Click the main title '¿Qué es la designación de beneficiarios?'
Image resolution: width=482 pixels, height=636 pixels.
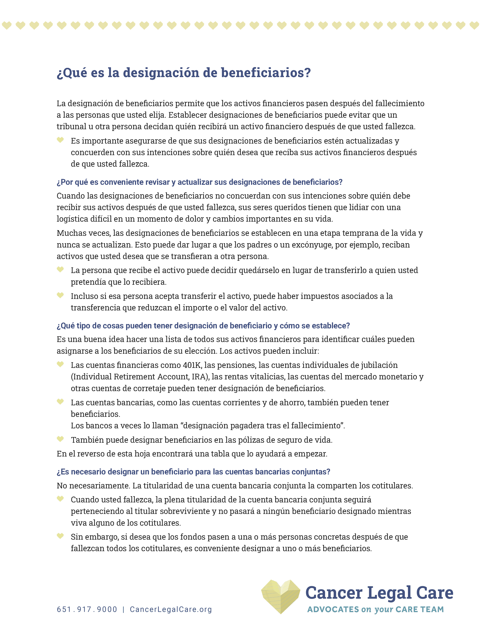184,73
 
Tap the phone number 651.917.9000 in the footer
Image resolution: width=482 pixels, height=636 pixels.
87,609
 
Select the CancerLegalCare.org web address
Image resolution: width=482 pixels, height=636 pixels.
171,609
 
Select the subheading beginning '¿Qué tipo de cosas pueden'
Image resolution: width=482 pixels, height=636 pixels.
203,326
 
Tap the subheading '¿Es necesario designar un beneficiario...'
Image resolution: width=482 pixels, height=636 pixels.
193,472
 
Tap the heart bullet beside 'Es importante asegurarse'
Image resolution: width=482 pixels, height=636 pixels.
60,140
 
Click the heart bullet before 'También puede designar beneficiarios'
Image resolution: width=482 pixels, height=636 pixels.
60,439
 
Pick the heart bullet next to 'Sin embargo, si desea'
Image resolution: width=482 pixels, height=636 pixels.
60,536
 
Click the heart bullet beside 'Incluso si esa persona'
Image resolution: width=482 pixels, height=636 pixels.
60,295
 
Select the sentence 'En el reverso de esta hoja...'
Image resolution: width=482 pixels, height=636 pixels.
192,454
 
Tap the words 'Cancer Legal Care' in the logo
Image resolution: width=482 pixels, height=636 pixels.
379,593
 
